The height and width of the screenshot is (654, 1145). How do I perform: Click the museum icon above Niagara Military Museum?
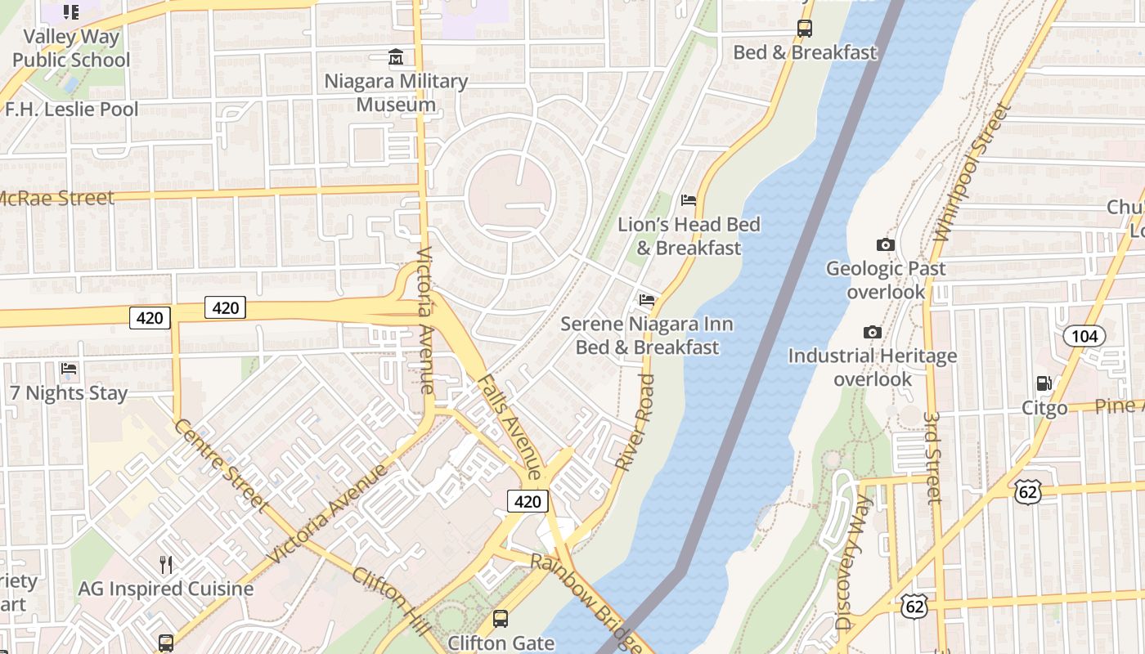[396, 57]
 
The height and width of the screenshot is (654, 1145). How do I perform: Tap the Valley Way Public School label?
[71, 48]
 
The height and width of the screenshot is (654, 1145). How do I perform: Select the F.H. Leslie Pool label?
[72, 109]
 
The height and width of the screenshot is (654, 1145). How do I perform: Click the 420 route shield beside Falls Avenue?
[528, 501]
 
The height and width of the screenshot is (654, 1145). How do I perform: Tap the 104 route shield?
[1084, 335]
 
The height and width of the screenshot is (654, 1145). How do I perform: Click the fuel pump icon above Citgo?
[1044, 383]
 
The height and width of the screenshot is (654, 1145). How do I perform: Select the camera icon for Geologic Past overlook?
[885, 244]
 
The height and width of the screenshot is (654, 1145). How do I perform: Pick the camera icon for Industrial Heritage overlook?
[873, 332]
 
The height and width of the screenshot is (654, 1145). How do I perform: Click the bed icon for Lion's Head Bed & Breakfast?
[689, 200]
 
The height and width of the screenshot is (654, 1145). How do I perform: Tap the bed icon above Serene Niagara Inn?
[647, 300]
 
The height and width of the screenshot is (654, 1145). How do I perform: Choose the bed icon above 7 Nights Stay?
[69, 369]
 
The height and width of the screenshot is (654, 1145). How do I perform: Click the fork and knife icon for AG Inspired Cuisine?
[165, 564]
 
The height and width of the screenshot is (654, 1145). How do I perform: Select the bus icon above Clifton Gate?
[500, 619]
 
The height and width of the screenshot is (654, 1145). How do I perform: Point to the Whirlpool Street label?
[972, 172]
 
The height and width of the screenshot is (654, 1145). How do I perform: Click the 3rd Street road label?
[934, 456]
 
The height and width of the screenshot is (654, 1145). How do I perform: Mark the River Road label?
[635, 422]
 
